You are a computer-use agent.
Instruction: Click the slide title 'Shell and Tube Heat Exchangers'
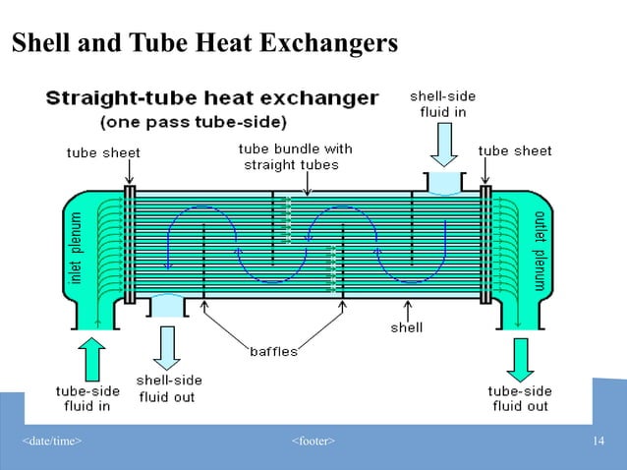point(204,44)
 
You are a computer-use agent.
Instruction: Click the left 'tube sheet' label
point(103,152)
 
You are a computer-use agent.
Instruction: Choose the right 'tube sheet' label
point(514,151)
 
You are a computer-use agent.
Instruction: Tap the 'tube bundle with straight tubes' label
point(295,156)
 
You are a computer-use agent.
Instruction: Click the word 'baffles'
point(272,350)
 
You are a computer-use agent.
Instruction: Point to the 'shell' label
point(407,327)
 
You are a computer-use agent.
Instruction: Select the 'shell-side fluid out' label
point(168,388)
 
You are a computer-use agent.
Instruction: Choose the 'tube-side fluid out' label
point(520,398)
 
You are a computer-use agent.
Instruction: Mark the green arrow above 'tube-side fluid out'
point(520,358)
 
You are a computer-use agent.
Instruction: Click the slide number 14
point(598,439)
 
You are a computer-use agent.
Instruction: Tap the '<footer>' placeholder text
point(313,439)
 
